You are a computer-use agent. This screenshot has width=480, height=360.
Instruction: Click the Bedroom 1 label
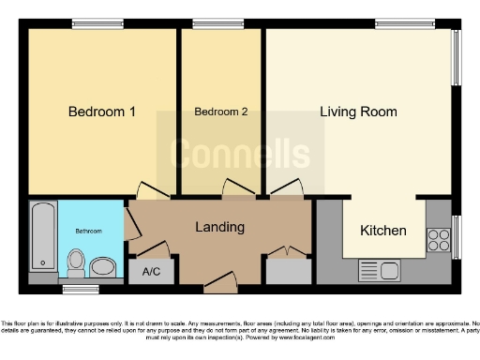[102, 112]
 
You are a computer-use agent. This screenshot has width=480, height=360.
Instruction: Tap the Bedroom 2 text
[221, 112]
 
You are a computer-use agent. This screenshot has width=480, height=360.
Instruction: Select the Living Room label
[358, 112]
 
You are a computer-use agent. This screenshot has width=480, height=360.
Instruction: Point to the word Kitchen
[383, 231]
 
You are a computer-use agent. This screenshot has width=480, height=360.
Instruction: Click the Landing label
[219, 227]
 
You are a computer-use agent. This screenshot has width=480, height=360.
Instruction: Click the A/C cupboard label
[151, 272]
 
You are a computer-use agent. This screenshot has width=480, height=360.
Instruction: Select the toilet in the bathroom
[77, 261]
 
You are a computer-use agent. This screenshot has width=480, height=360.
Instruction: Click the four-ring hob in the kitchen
[438, 239]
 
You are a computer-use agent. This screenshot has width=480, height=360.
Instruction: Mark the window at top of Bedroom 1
[90, 23]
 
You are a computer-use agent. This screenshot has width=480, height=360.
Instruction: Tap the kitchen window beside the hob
[456, 236]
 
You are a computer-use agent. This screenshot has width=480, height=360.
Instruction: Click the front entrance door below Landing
[220, 278]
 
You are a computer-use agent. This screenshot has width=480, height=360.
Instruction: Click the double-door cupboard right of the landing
[289, 267]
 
